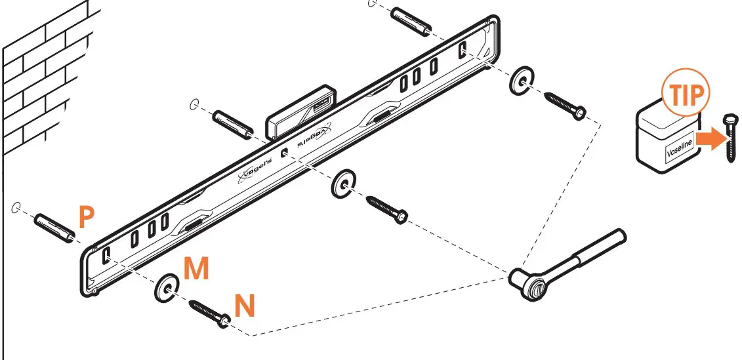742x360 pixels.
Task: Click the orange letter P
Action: (87, 217)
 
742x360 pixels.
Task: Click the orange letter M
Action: (196, 270)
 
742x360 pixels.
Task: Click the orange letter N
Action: (245, 306)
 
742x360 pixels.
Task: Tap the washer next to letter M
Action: (167, 287)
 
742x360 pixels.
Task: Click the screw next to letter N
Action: (209, 311)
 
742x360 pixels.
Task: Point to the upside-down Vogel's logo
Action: (313, 138)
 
